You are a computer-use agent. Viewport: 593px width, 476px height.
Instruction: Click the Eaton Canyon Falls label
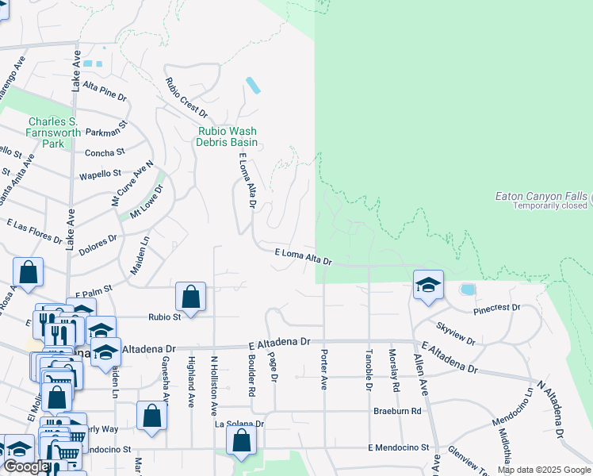tap(541, 196)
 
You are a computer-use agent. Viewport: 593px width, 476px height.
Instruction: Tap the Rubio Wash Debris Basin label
tap(228, 136)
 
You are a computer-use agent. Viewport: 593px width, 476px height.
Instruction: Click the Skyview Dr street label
tap(456, 334)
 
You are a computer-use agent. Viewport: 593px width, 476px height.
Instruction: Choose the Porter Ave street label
tap(323, 370)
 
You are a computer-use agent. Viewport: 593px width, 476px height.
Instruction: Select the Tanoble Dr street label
tap(369, 370)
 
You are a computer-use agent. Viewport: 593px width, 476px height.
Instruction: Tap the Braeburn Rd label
tap(397, 412)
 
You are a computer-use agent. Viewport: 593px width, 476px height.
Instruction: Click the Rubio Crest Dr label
tap(186, 98)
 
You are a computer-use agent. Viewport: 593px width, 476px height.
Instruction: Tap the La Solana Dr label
tap(240, 424)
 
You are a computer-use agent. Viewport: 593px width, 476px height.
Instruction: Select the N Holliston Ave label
tap(213, 386)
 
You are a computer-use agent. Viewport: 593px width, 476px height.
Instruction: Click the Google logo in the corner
tap(26, 467)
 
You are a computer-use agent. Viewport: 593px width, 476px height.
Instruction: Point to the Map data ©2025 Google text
tap(542, 470)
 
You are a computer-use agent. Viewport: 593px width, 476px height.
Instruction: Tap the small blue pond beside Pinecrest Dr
tap(467, 290)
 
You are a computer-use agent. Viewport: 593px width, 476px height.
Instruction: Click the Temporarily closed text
tap(550, 205)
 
